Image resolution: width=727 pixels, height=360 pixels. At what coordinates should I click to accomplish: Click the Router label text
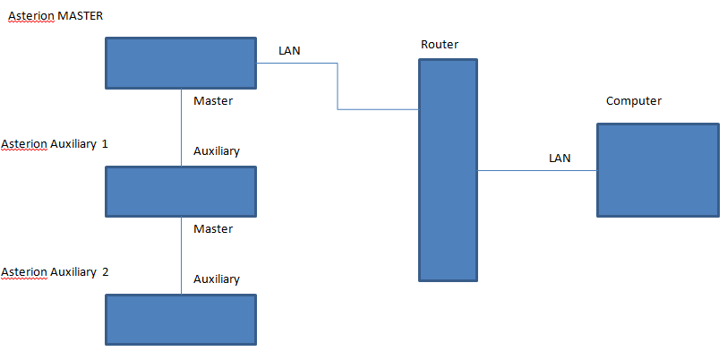click(x=440, y=45)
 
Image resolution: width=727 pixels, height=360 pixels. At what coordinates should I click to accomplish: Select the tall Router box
click(x=448, y=170)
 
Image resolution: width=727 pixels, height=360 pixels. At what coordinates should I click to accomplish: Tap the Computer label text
click(x=634, y=101)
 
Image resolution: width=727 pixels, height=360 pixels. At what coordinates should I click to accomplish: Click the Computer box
click(x=658, y=170)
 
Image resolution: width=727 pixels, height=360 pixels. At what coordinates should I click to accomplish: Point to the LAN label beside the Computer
click(x=560, y=159)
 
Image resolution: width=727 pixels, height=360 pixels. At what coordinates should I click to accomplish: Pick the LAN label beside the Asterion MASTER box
click(x=289, y=51)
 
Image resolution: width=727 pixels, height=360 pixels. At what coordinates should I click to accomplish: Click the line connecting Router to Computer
click(x=537, y=171)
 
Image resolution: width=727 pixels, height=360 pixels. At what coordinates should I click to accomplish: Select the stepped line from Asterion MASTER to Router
click(x=338, y=86)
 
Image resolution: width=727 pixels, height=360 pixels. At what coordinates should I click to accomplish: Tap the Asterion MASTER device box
click(x=181, y=63)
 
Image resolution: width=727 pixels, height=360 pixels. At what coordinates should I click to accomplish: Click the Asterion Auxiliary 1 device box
click(x=181, y=192)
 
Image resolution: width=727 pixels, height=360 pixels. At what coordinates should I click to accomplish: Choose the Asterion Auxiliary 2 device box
click(x=181, y=320)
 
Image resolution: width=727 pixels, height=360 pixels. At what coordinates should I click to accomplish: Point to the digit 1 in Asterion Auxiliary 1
click(x=105, y=144)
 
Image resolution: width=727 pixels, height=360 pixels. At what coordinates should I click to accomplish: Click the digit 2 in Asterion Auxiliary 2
click(x=106, y=272)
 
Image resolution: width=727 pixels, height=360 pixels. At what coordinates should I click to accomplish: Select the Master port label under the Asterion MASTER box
click(x=213, y=100)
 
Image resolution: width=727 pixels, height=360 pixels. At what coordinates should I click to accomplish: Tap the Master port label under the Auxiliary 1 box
click(x=213, y=228)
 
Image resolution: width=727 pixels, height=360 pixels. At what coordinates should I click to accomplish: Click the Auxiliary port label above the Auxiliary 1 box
click(x=217, y=151)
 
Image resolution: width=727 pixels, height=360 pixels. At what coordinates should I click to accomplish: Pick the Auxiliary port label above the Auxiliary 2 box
click(x=217, y=279)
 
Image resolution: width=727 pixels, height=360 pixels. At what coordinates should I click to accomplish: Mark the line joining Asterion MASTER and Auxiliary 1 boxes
click(x=181, y=127)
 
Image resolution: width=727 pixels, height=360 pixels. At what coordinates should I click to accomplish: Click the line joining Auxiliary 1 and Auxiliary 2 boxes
click(x=181, y=255)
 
